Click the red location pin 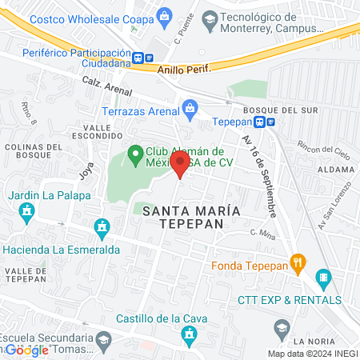point(180,166)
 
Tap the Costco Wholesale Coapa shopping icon point(164,15)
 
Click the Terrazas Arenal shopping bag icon point(190,106)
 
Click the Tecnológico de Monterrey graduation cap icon point(210,18)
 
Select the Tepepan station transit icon point(265,122)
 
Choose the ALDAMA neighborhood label point(334,170)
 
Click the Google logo point(26,350)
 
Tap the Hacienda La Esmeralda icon point(102,229)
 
